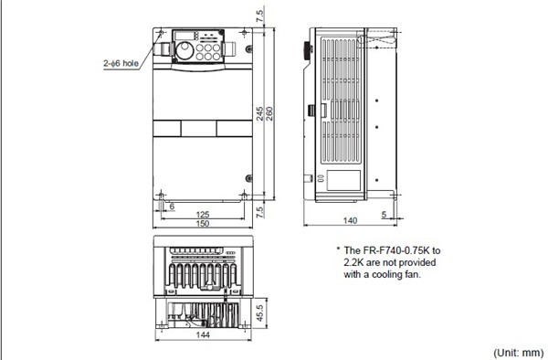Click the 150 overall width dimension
click(x=202, y=224)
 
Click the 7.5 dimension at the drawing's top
click(x=261, y=15)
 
